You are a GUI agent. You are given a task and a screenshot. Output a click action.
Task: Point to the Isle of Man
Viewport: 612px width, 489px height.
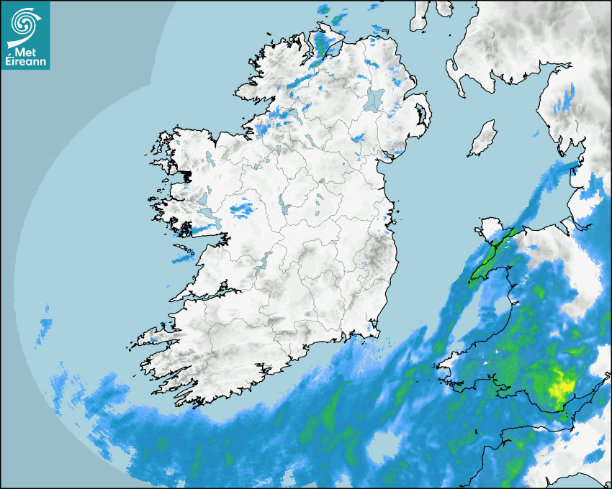pos(483,139)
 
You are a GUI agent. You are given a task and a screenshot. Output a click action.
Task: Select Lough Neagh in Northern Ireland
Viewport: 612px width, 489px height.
pos(375,99)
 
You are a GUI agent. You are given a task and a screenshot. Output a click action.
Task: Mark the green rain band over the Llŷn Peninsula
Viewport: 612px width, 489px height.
pos(494,256)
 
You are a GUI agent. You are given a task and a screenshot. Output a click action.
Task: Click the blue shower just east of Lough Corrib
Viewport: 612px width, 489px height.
pos(241,210)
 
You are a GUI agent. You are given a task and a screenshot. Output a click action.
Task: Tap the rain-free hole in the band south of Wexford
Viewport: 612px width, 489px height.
pos(379,447)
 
